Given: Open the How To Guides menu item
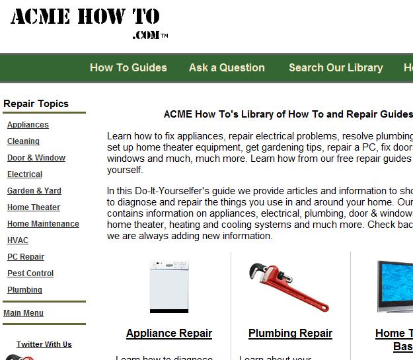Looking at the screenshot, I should point(128,67).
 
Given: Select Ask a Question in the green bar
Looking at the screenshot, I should point(227,67).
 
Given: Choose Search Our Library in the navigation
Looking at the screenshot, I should point(336,67).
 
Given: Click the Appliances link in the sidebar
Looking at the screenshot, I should point(28,125).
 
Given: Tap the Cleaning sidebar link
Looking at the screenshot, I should point(23,141).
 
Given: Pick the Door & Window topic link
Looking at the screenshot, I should point(36,158).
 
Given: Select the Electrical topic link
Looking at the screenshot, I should point(24,174).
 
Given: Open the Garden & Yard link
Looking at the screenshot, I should point(34,191).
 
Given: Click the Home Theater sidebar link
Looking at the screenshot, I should point(34,207).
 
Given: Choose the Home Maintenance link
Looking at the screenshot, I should point(43,224).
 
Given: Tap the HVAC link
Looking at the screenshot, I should point(18,240).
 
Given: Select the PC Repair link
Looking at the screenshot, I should point(26,257).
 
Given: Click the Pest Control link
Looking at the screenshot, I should point(30,273).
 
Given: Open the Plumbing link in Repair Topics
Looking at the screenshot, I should point(24,290).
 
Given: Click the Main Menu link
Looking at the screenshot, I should point(23,313).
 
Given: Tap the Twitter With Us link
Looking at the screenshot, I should point(44,344).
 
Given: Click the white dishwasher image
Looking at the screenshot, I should point(169,288).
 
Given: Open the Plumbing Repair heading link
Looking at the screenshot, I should point(290,334).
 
